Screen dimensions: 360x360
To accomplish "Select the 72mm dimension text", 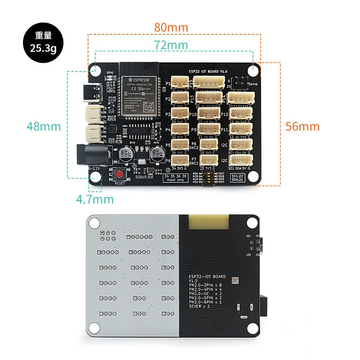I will (171, 45).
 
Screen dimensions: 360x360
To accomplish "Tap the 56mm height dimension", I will (302, 126).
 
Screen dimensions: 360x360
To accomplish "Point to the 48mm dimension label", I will (43, 126).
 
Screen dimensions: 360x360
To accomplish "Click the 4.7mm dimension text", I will (94, 198).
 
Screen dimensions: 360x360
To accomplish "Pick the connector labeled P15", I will (209, 83).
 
